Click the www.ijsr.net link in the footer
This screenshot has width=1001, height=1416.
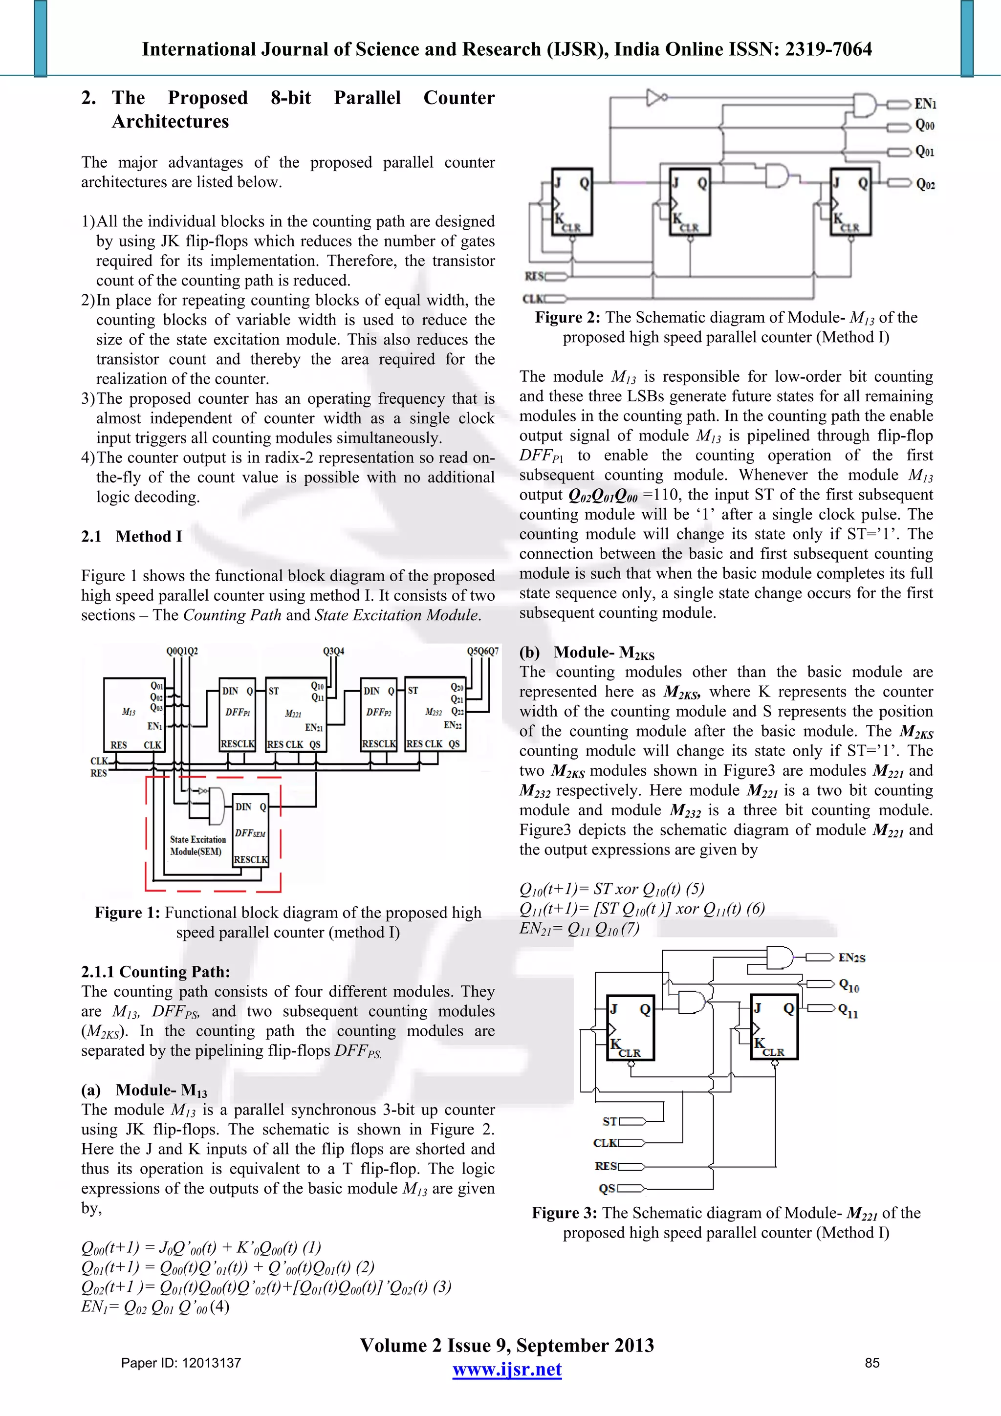(x=506, y=1369)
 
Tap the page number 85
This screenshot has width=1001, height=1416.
(x=871, y=1363)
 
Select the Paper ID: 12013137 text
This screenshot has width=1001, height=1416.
(x=181, y=1363)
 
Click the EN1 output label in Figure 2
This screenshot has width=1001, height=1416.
(x=925, y=104)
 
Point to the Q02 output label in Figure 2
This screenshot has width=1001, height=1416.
(x=925, y=184)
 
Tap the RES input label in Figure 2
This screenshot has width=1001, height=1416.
(x=534, y=276)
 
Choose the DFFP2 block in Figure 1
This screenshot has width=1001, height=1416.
(x=378, y=712)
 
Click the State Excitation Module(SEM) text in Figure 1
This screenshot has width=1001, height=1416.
(x=197, y=846)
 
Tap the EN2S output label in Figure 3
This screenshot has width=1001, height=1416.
(x=852, y=958)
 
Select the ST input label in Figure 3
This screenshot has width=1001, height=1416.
(x=609, y=1121)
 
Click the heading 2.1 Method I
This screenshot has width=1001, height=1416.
(x=131, y=536)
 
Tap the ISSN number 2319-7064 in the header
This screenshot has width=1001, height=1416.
(x=827, y=49)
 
